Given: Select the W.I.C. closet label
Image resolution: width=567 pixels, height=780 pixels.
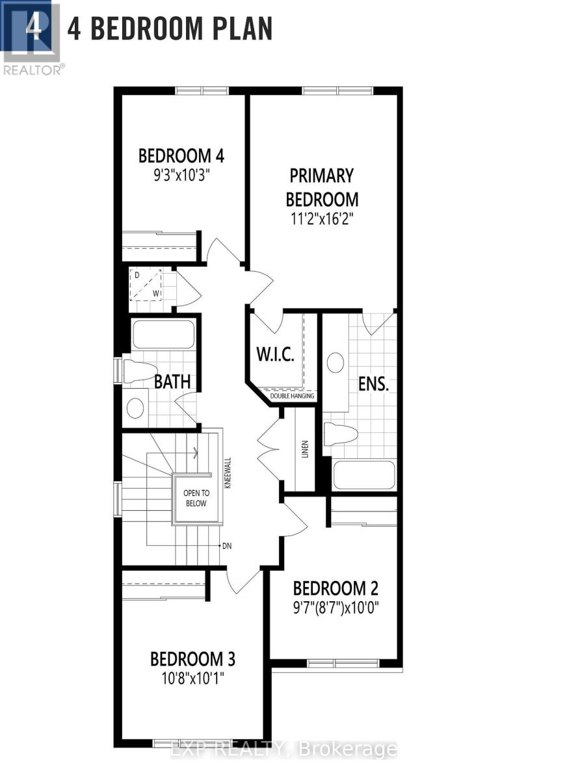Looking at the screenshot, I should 276,355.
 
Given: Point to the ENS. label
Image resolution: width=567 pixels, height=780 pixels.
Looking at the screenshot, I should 373,383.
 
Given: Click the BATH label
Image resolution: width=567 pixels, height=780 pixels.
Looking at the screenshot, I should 172,382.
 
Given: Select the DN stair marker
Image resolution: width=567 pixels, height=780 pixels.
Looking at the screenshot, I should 226,546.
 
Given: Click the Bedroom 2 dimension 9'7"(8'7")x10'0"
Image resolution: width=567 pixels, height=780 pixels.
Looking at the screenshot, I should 336,609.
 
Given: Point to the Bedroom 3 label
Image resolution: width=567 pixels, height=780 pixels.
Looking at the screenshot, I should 192,658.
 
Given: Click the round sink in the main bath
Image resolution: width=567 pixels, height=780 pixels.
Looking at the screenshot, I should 135,408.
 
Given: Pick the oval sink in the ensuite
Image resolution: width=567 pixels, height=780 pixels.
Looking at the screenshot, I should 336,363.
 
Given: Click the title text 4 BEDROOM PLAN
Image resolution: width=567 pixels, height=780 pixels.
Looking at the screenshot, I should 170,29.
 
